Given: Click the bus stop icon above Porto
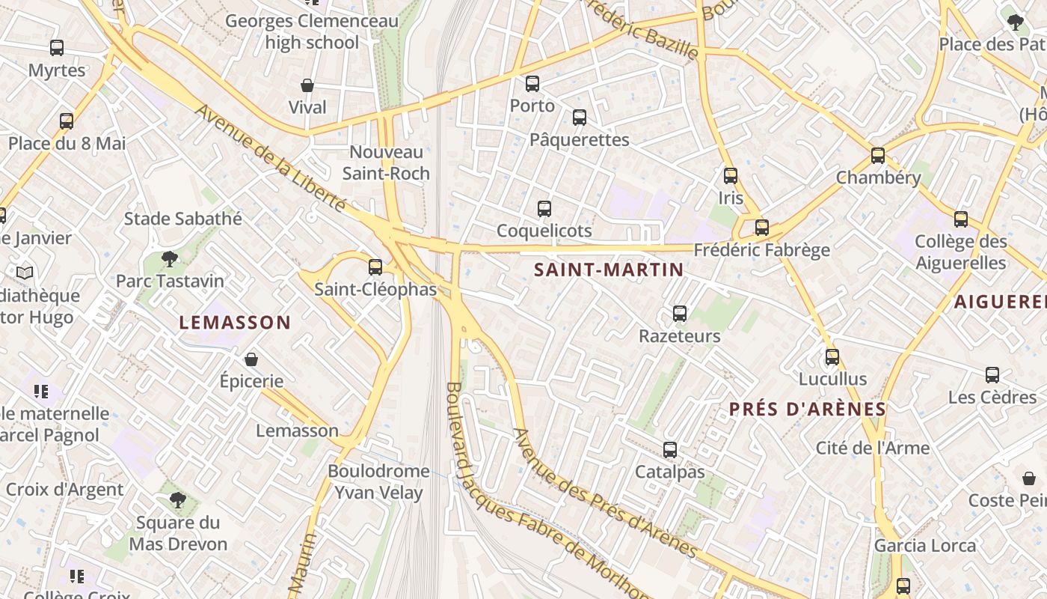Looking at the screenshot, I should tap(532, 84).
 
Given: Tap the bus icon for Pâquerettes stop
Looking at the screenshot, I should tap(580, 118).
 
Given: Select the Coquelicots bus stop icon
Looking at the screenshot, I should tap(544, 209).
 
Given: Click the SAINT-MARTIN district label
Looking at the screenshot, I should tap(609, 270).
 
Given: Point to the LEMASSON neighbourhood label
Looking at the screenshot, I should tap(235, 323).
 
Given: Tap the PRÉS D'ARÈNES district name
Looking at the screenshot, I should tap(808, 410).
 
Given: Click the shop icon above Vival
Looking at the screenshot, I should tap(307, 85).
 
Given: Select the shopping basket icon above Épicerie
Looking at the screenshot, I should tap(251, 360).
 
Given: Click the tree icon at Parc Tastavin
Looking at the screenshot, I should tap(170, 259).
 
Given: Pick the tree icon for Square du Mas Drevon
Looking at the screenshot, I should tap(177, 500).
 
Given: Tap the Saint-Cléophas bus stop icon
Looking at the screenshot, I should tap(375, 267).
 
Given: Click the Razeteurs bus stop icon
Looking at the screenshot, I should tap(680, 314).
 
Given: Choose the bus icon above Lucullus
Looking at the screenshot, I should tap(832, 357).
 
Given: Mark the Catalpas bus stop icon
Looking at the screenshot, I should tap(670, 450).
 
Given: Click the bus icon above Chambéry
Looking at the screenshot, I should tap(878, 156).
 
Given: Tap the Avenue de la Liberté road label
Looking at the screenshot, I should tap(271, 158).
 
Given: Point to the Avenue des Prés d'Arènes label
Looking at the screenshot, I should tap(606, 495).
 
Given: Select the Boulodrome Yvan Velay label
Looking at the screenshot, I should tap(378, 481).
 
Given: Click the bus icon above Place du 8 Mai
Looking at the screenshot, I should tap(67, 121).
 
